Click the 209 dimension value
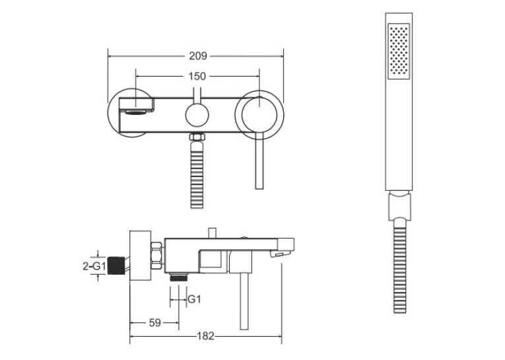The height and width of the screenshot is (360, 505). [x=198, y=56]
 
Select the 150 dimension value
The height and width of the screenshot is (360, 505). [x=197, y=77]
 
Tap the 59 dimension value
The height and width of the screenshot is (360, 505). [x=155, y=322]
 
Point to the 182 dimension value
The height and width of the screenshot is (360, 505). [x=205, y=336]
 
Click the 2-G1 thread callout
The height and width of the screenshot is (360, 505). [x=94, y=266]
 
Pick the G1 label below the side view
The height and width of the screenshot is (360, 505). [x=194, y=299]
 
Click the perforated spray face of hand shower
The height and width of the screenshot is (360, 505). [x=399, y=52]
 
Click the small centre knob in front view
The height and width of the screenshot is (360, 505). [x=197, y=115]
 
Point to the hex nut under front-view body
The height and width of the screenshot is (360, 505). [x=197, y=137]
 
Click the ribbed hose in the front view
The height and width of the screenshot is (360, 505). [x=197, y=174]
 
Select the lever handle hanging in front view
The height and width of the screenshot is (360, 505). [x=259, y=161]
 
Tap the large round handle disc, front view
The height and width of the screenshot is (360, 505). [x=259, y=115]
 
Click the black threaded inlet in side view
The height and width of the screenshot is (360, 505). [x=116, y=266]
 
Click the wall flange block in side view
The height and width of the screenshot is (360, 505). [x=141, y=256]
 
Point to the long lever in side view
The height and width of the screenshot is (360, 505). [x=244, y=301]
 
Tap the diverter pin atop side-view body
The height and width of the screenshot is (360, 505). [x=213, y=233]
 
